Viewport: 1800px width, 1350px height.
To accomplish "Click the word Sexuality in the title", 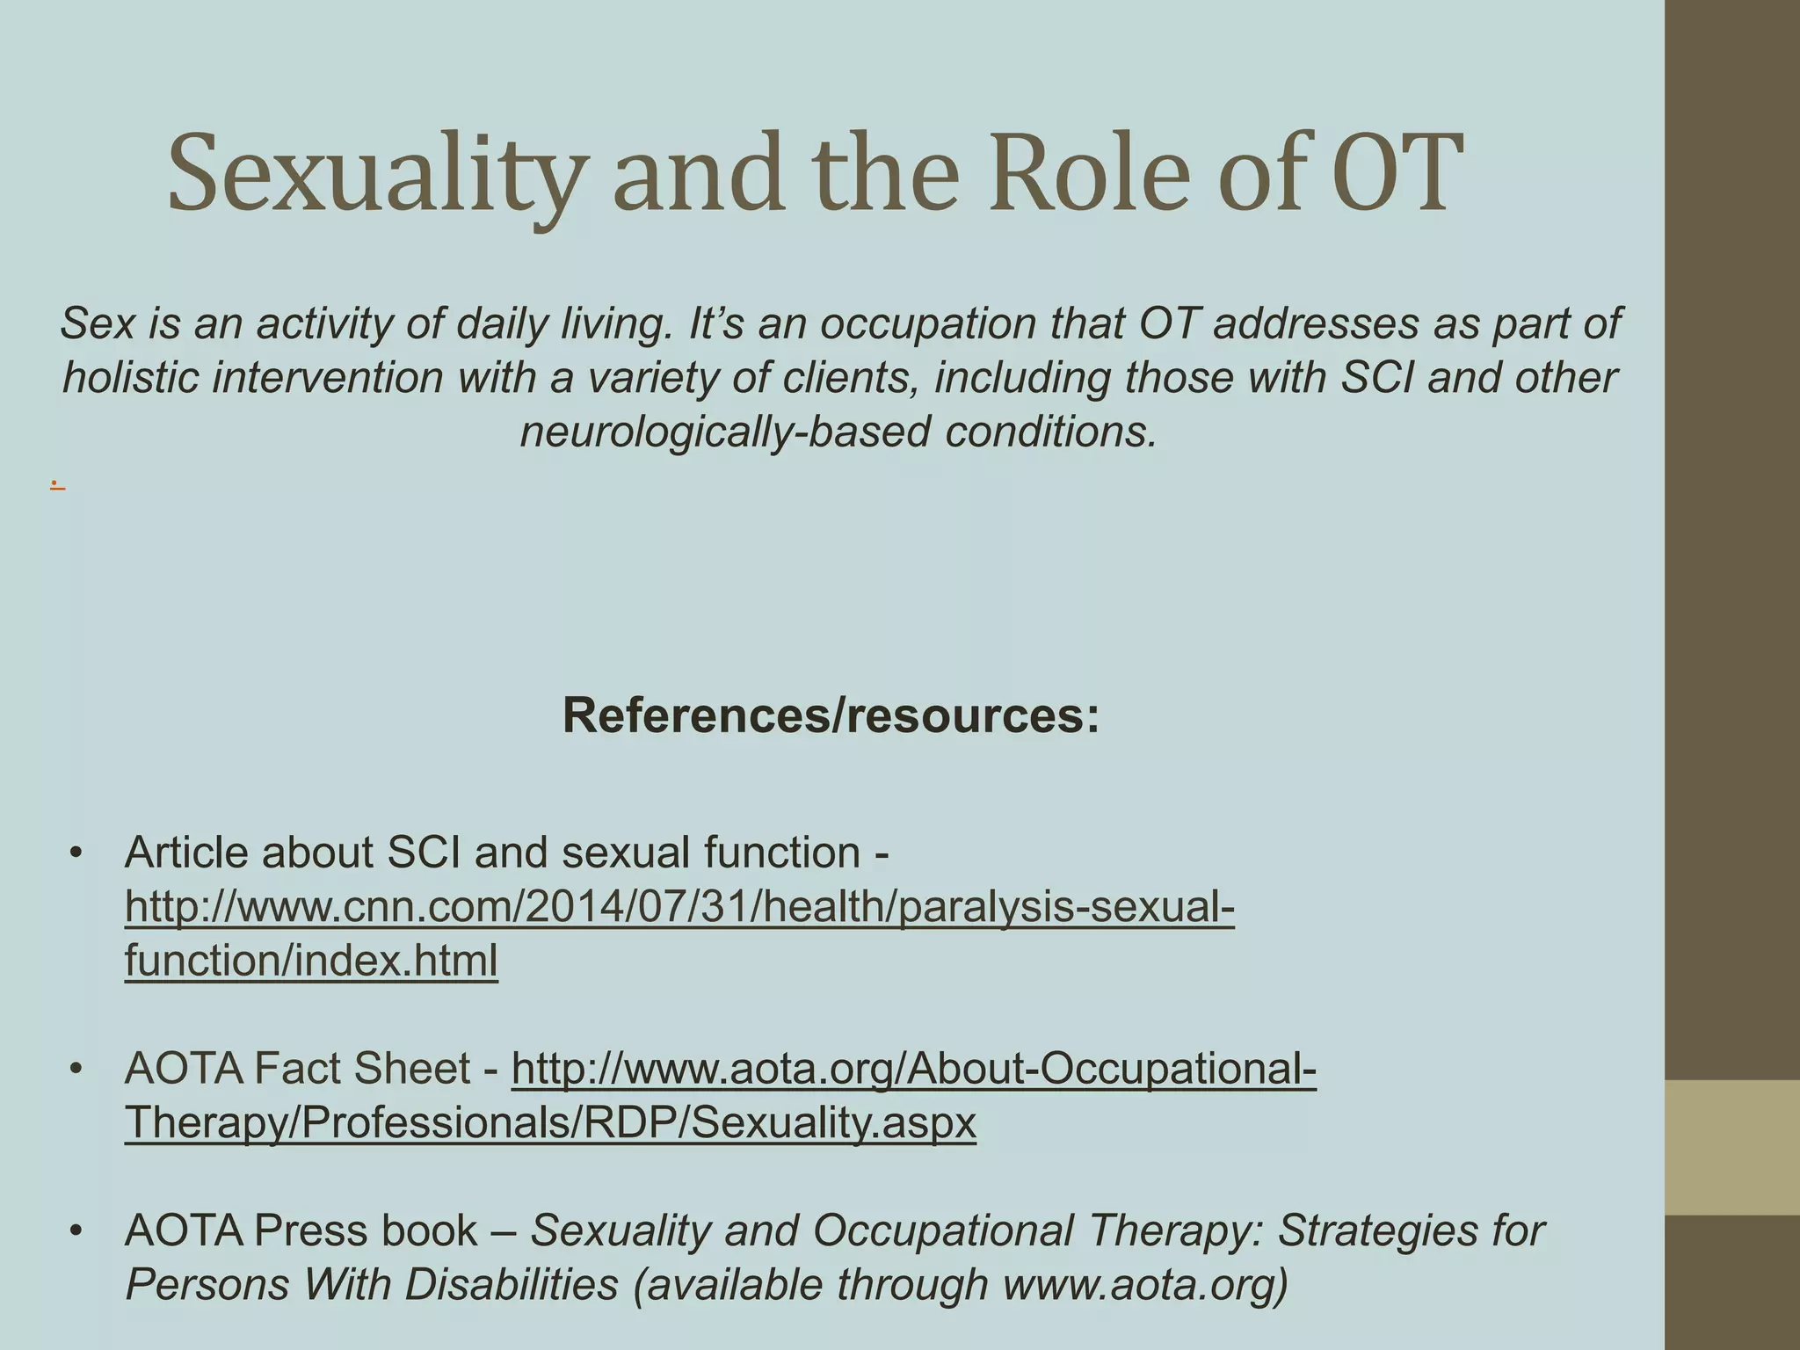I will coord(374,174).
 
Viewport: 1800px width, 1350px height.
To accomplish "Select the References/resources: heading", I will coord(831,715).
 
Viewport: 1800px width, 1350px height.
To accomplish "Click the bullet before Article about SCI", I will coord(76,853).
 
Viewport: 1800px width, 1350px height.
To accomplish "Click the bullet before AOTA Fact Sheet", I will coord(76,1069).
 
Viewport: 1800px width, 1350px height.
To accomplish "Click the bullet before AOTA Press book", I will coord(76,1230).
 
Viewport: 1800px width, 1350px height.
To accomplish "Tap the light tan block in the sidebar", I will coord(1731,1147).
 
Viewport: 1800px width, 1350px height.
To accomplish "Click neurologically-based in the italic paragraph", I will coord(724,432).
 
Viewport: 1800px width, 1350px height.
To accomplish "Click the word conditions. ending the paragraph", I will coord(1051,432).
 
